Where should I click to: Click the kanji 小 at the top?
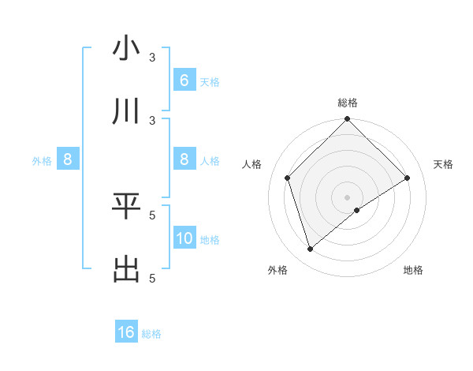[126, 48]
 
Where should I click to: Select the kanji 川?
[126, 111]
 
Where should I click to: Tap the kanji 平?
[126, 206]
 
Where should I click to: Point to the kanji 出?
[126, 269]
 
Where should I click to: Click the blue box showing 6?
[184, 81]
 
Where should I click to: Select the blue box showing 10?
[184, 239]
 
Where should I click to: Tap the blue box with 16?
[126, 332]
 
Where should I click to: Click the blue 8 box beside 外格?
[68, 160]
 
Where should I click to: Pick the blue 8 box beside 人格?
[184, 160]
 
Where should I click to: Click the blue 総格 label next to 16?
[151, 334]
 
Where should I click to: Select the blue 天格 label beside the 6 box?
[210, 82]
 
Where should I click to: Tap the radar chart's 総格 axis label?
[348, 103]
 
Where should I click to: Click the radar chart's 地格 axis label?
[413, 271]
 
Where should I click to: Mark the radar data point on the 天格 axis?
[408, 178]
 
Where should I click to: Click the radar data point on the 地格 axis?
[357, 210]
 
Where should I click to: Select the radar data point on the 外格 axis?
[311, 249]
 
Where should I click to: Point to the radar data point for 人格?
[288, 178]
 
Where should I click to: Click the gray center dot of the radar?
[348, 197]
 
